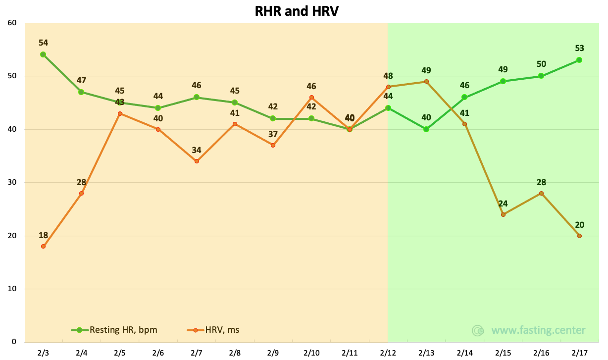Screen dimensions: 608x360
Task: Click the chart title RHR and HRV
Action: (297, 11)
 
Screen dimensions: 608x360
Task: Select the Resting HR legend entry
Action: (114, 330)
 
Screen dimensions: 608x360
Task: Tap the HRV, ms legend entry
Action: (213, 330)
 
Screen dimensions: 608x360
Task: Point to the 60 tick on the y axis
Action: (12, 23)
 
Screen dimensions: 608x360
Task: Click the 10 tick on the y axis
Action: (12, 288)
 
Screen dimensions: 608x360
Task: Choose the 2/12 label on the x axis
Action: (388, 353)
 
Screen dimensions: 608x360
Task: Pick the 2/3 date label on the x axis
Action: (43, 353)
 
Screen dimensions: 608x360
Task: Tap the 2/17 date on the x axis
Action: (579, 353)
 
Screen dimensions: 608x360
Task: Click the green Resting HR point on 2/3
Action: (43, 54)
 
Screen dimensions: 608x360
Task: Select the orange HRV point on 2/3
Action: (43, 246)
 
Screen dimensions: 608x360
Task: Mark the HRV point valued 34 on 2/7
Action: (197, 161)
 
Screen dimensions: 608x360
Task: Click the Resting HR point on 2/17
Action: (579, 60)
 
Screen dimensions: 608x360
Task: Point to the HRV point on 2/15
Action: (503, 214)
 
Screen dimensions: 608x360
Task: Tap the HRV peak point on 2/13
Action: (426, 81)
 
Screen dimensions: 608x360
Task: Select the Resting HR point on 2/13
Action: (426, 129)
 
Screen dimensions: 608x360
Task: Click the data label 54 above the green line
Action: (43, 43)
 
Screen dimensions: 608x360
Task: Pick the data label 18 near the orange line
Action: (43, 235)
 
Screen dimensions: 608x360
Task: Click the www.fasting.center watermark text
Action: (538, 330)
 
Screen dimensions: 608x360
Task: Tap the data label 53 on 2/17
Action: (579, 49)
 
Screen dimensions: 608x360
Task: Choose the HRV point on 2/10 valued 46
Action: (311, 98)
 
